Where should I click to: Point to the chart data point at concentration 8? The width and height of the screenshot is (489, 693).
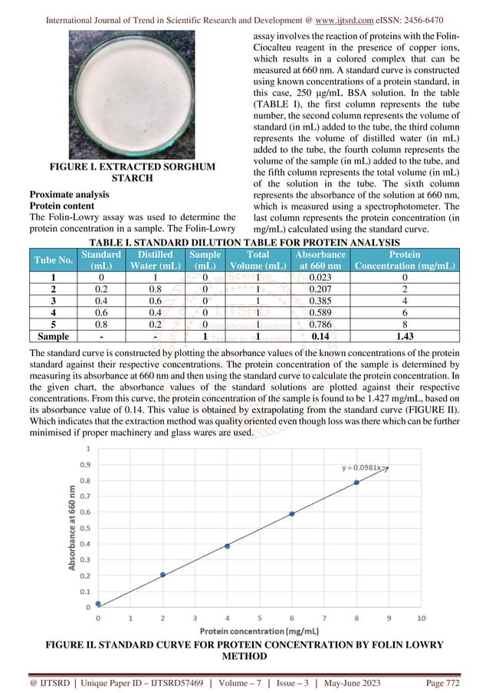pos(356,482)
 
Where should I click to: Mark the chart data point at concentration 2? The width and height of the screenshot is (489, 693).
pos(162,574)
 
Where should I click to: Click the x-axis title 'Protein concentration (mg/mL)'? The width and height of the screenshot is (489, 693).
pos(258,631)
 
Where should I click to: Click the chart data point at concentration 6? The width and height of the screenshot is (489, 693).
pos(292,513)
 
